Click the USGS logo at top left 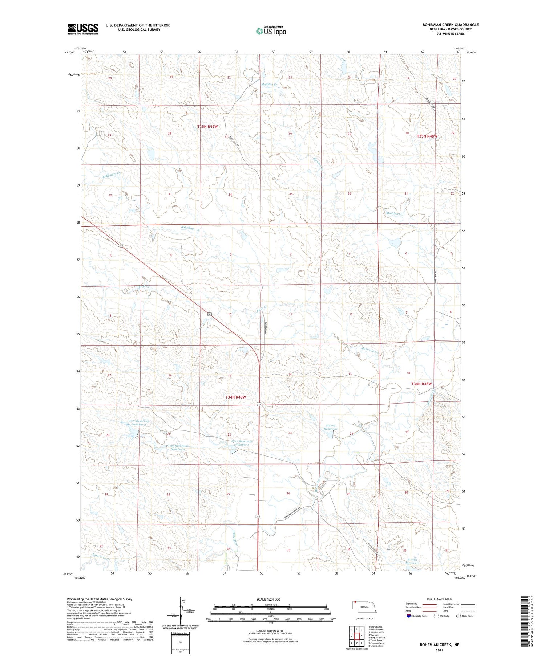point(83,29)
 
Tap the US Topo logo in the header point(271,31)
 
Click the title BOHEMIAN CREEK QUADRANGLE point(450,25)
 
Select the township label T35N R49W point(207,126)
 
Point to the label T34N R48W point(421,384)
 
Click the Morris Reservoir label point(331,427)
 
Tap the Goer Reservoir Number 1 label point(242,443)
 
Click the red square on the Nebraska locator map point(355,604)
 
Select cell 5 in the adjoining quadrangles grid point(362,636)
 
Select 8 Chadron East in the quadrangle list point(376,646)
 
